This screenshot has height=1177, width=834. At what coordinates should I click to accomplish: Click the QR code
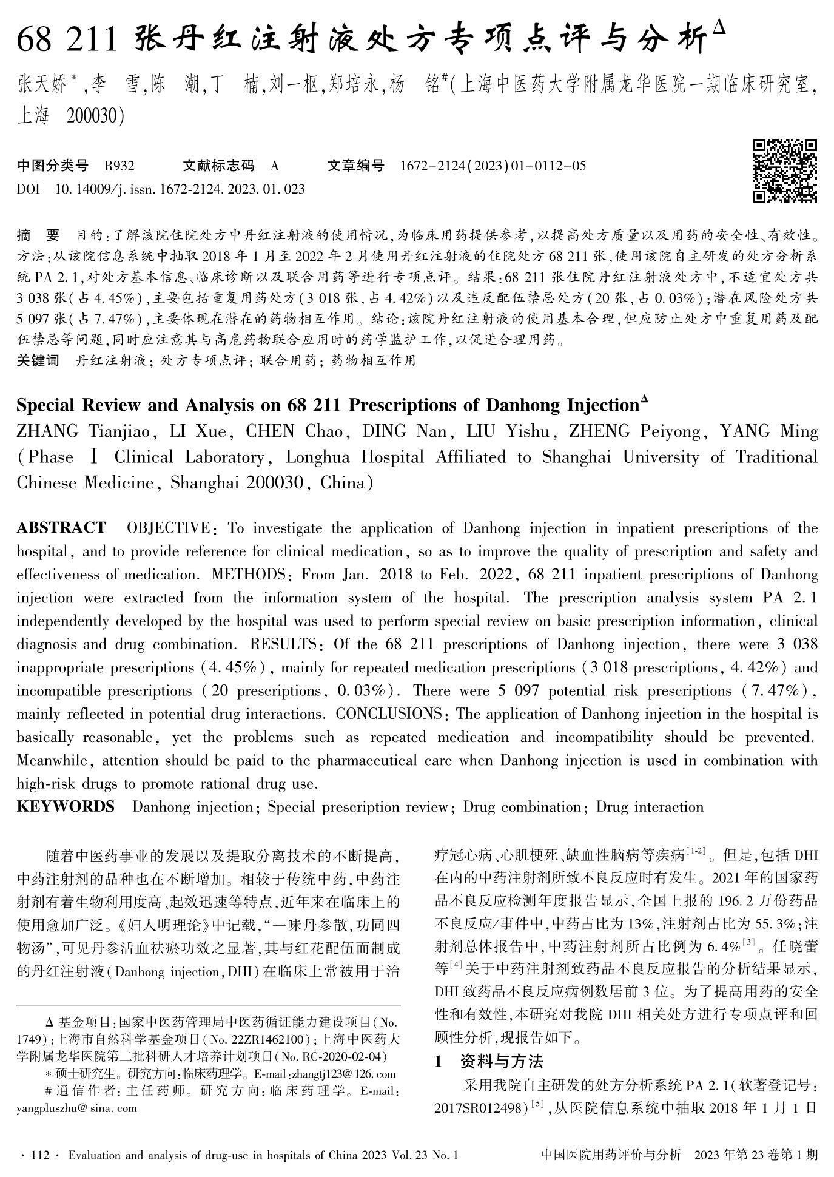pos(785,170)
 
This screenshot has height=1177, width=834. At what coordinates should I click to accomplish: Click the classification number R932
pos(119,166)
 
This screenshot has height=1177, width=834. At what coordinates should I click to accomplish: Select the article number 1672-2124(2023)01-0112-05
pos(493,166)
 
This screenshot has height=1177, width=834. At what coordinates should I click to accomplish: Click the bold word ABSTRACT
pos(61,528)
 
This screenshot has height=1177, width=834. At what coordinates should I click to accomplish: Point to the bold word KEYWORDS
pos(66,806)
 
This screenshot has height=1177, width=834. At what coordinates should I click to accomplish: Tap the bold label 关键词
pos(38,360)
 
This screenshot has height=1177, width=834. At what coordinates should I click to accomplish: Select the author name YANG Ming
pos(768,431)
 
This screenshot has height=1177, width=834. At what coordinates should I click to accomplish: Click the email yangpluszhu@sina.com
pos(76,1108)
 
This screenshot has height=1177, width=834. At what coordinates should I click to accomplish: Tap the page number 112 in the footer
pos(39,1155)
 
